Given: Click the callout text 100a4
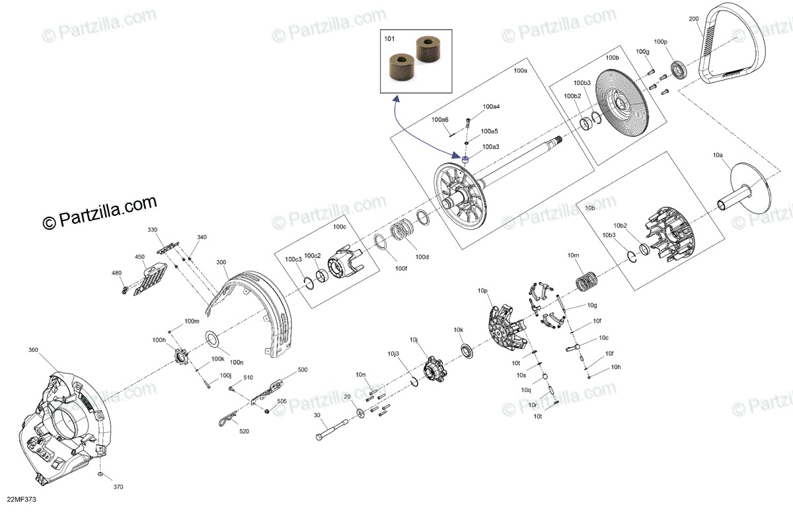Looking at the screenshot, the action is pos(491,106).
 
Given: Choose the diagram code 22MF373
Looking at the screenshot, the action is pos(22,500).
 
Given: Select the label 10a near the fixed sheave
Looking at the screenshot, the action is pos(718,154).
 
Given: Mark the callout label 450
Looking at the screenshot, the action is pos(140,257).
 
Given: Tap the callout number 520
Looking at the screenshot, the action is pos(244,431).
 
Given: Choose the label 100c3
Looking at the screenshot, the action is pos(293,259).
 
